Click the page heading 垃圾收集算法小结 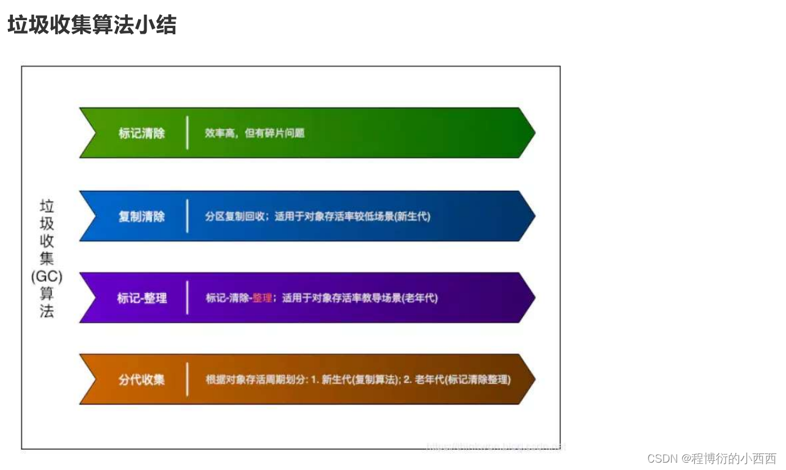tap(92, 25)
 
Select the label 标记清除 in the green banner tap(142, 133)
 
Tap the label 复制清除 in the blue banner tap(142, 216)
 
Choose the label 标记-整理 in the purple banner tap(142, 298)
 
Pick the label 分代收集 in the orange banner tap(142, 379)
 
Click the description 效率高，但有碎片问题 tap(254, 133)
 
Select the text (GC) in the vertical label tap(46, 276)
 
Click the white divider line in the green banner tap(187, 132)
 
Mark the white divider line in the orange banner tap(187, 379)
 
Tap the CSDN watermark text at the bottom tap(711, 458)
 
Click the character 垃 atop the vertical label tap(46, 205)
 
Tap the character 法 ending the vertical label tap(46, 311)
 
